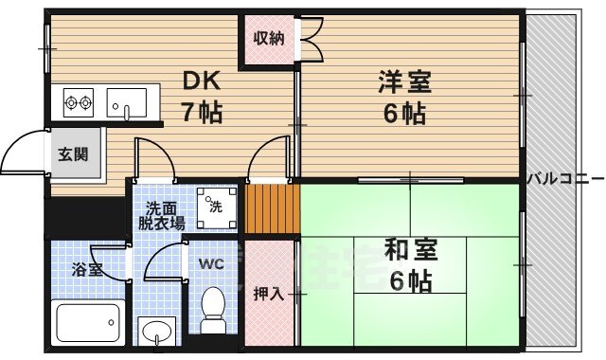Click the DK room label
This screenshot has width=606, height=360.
(202, 82)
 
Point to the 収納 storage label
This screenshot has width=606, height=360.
(267, 39)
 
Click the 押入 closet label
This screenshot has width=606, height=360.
(268, 293)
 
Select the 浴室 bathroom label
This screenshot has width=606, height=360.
(85, 269)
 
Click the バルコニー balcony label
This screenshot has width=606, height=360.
(563, 177)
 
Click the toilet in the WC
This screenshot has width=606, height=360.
(214, 309)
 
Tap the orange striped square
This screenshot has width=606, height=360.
(272, 210)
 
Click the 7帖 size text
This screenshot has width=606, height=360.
(202, 113)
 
